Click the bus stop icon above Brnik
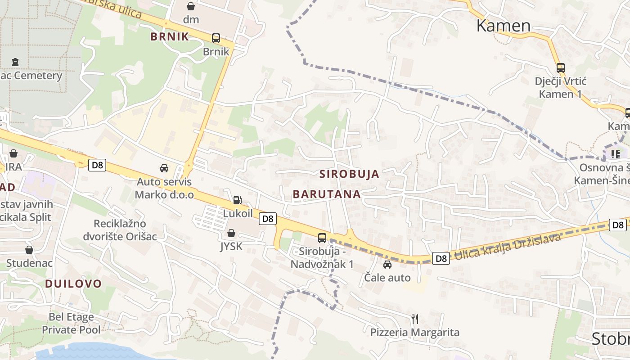216,38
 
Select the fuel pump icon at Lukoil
237,200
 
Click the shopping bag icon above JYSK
231,233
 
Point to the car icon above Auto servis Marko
164,168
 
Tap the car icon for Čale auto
387,265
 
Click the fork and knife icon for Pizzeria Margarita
415,319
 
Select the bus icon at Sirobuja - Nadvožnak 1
322,238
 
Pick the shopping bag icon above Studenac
29,250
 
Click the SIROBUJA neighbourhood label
349,174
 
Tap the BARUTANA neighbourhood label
327,194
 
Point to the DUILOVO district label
73,283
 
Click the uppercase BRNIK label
170,37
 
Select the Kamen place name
504,26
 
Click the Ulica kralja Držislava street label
508,248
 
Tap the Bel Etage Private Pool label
71,323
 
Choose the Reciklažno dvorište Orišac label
120,230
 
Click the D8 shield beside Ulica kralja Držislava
441,258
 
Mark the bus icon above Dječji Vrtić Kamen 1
560,68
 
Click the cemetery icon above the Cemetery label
16,62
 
